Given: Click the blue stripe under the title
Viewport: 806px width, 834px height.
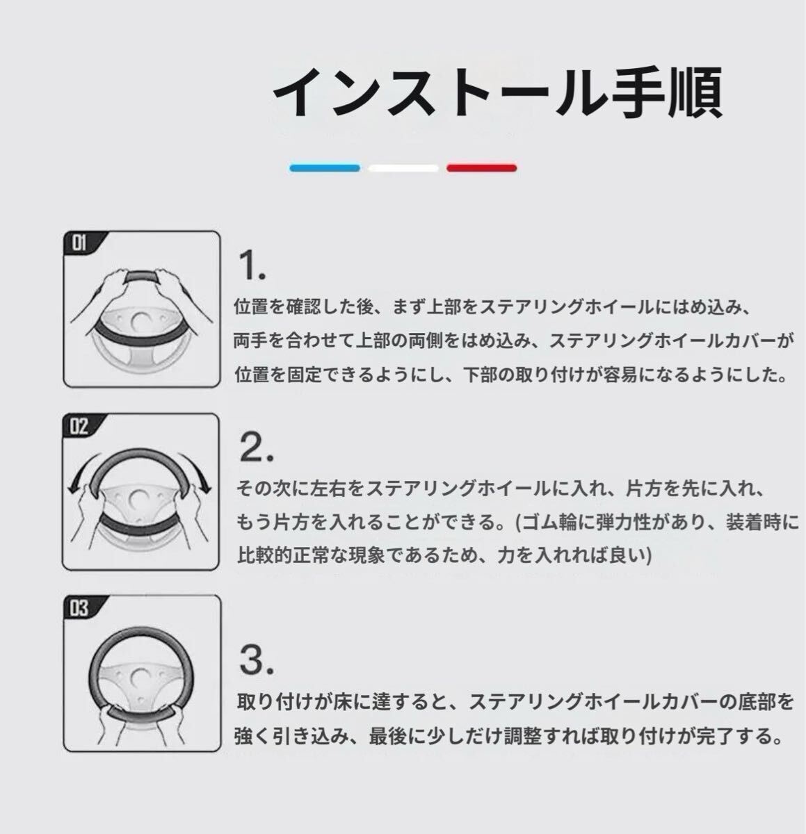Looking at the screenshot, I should click(325, 167).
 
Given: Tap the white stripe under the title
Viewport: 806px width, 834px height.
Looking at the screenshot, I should click(403, 167).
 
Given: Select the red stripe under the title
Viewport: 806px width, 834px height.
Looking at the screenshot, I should click(481, 167).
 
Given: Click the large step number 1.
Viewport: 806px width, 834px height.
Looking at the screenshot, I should click(252, 265).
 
